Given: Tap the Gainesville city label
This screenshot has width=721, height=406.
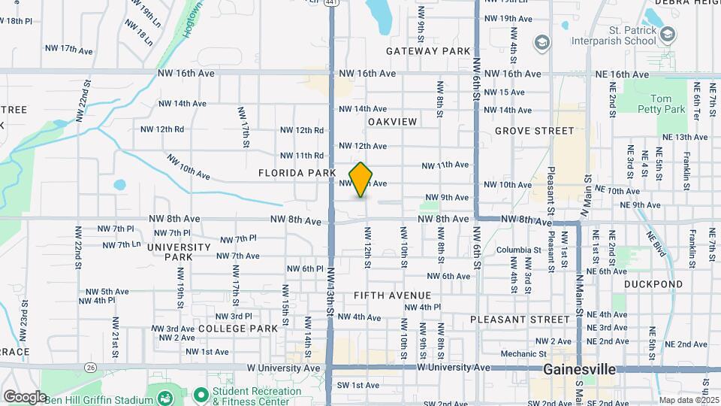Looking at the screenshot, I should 579,370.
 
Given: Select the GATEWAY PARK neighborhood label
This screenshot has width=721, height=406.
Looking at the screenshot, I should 428,51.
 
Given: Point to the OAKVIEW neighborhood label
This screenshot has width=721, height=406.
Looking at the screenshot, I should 392,121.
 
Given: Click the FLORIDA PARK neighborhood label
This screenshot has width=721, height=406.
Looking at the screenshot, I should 297,173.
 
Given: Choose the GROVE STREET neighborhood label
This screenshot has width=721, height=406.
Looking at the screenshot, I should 534,131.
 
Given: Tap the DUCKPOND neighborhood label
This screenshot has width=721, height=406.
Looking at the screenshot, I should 653,284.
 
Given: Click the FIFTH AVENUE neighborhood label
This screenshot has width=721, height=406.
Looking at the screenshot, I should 392,295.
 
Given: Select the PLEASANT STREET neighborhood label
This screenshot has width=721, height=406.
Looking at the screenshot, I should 520,320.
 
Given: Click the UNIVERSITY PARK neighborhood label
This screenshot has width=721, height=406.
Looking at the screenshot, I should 179,252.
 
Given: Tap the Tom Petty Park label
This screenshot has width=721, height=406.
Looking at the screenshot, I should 668,104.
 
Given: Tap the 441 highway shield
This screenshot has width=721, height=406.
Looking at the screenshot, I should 331,3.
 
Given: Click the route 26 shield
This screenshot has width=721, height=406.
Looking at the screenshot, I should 91,368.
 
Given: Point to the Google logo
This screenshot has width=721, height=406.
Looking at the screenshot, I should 25,396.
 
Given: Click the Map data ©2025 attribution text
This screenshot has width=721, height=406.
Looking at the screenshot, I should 689,400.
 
